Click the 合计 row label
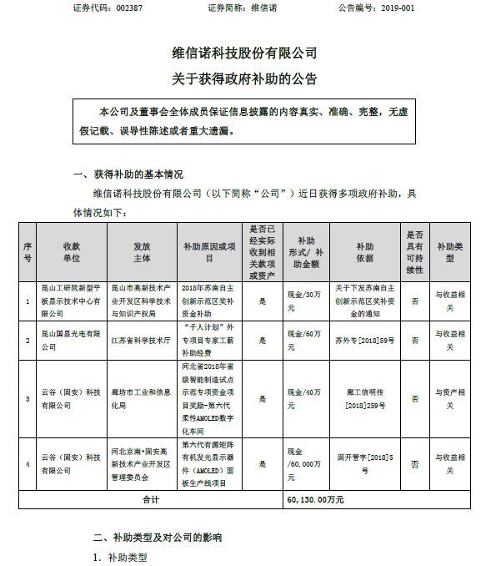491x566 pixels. tap(150, 499)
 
